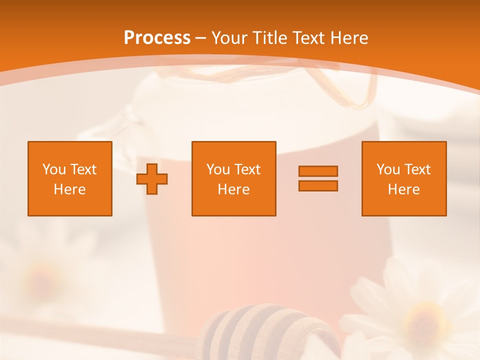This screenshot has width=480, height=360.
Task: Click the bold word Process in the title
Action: point(157,38)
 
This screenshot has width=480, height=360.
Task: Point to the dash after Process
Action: point(201,38)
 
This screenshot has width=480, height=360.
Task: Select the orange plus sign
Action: point(152,178)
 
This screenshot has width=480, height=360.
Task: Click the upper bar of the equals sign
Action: point(318,171)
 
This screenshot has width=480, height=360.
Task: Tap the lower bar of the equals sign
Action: point(318,186)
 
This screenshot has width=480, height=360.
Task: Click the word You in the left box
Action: point(54,169)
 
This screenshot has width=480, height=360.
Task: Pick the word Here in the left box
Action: point(69,189)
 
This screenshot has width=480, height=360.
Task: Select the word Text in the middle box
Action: point(247,169)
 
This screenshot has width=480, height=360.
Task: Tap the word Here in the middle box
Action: point(233,189)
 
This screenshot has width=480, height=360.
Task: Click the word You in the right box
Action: point(388,169)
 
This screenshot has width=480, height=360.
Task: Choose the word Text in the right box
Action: point(417,169)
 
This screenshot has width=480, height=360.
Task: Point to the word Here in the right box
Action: point(403,189)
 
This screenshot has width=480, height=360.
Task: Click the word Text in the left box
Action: point(83,169)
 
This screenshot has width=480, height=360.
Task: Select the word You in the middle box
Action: point(218,169)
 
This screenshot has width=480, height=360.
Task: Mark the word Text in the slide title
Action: point(308,38)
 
